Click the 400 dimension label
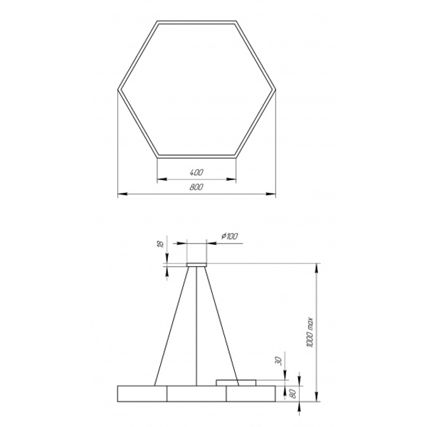[196, 172]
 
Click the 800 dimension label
[196, 187]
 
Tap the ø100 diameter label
[230, 236]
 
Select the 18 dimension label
[162, 244]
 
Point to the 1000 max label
[310, 332]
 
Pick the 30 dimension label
[279, 361]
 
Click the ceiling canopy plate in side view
[196, 265]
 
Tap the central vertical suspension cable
[196, 326]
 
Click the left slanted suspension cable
[172, 326]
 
